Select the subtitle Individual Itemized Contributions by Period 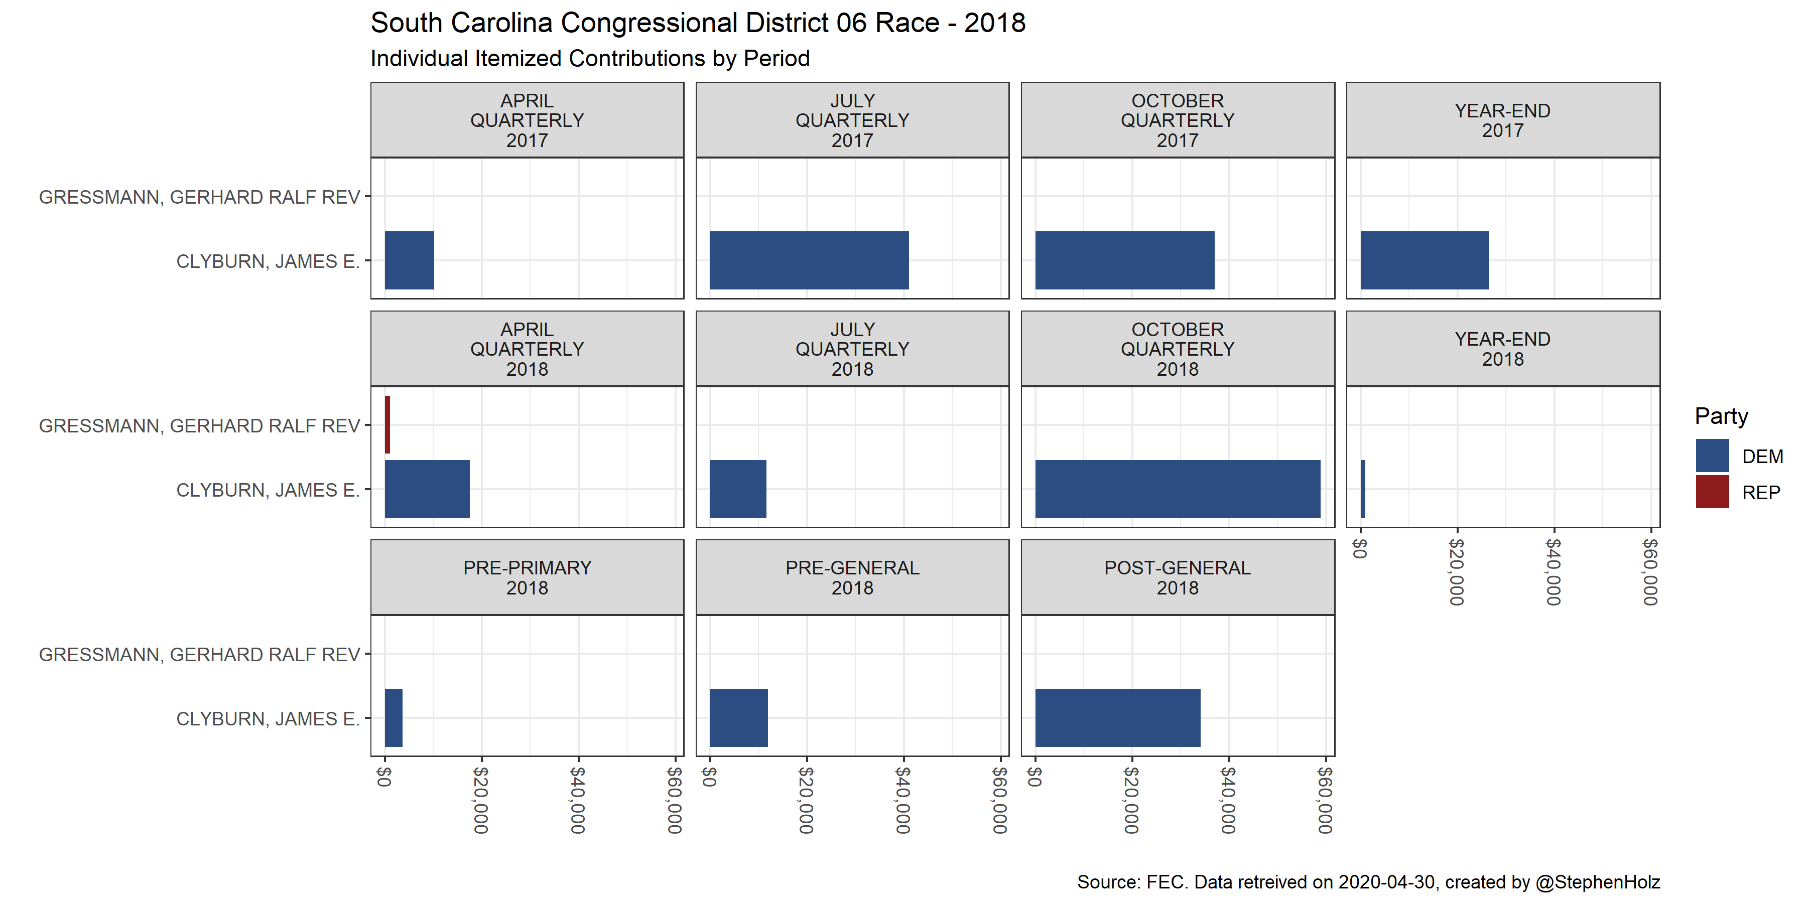(590, 58)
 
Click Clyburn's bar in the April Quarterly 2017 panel (409, 260)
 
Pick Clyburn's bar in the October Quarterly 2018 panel (1177, 489)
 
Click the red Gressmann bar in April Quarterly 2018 (387, 425)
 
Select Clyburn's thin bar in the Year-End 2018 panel (1362, 489)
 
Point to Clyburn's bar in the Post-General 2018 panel (1117, 717)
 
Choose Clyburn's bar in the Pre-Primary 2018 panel (394, 717)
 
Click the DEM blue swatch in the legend (1712, 456)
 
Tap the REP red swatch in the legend (1712, 492)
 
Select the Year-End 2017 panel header (1502, 120)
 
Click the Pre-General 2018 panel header (852, 578)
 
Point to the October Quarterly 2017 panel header (1177, 120)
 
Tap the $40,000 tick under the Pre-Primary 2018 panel (578, 799)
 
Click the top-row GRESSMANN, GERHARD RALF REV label (199, 197)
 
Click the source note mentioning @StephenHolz (1368, 882)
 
